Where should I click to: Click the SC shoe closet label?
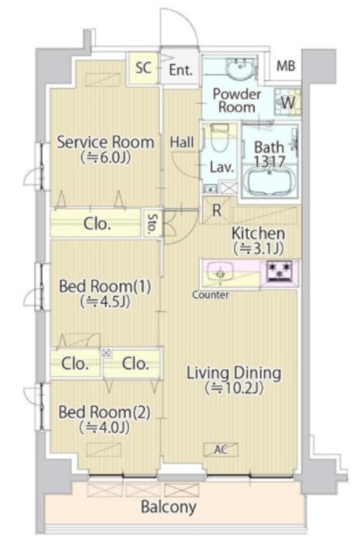(x=143, y=67)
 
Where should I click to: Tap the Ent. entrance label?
(x=181, y=70)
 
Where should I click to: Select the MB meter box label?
(x=286, y=66)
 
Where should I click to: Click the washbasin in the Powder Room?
(x=241, y=69)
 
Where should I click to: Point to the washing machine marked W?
(x=288, y=103)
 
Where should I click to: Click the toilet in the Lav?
(x=221, y=140)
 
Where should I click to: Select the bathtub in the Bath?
(x=271, y=181)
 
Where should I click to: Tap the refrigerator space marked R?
(x=216, y=210)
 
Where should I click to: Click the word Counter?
(x=210, y=295)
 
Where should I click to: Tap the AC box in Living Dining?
(x=221, y=450)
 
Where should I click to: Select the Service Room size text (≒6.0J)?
(x=106, y=157)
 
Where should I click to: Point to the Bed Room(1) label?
(x=105, y=286)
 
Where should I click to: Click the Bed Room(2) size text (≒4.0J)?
(x=105, y=427)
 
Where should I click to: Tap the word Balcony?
(x=168, y=507)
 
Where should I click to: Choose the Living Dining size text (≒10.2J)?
(x=234, y=388)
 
